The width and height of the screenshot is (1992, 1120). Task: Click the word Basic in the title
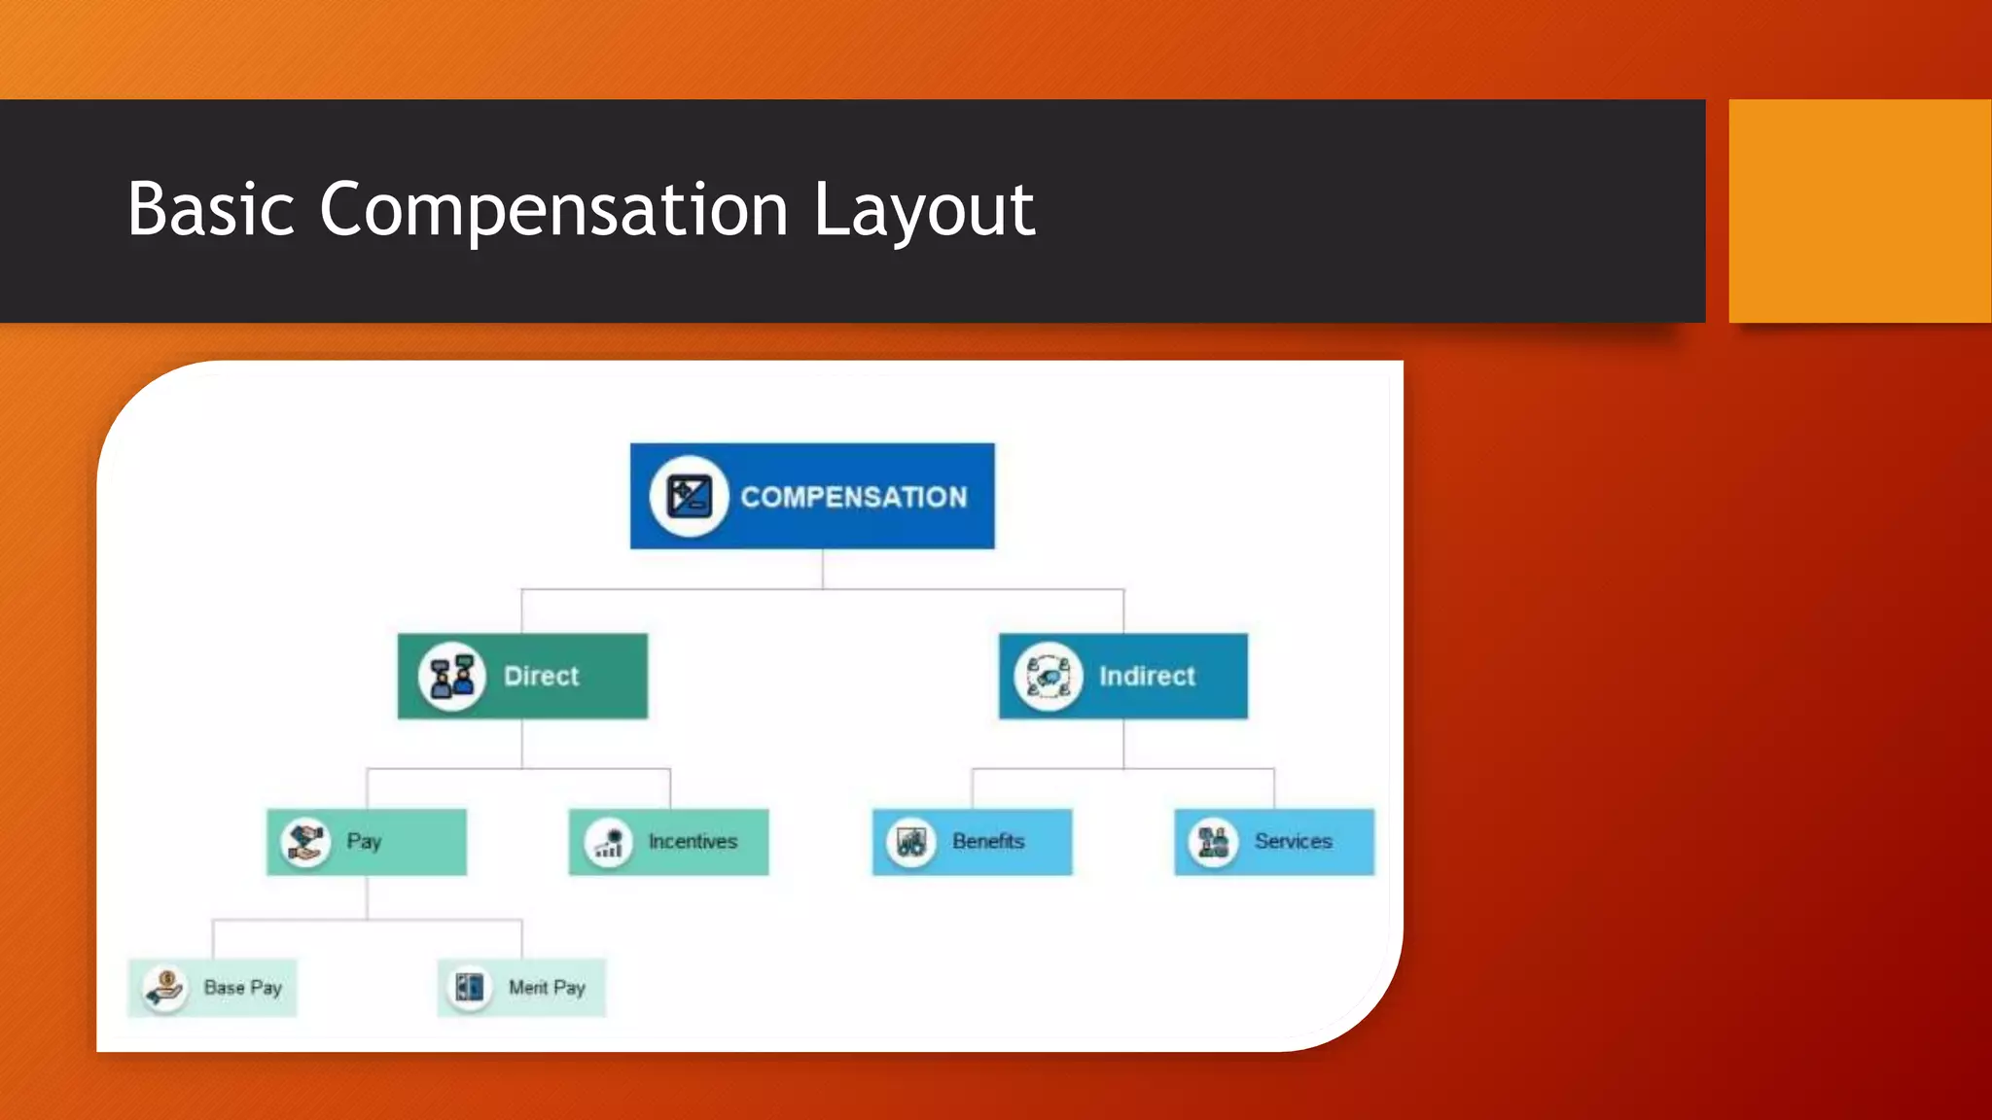(210, 210)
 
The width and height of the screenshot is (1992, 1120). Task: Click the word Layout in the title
(923, 210)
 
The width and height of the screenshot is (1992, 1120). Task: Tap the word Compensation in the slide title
(553, 210)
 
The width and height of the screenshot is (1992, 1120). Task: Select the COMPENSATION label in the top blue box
(853, 497)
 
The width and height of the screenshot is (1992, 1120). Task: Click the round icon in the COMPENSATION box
(689, 497)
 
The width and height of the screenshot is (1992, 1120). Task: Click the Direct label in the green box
(541, 676)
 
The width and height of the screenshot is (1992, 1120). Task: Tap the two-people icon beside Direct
(452, 676)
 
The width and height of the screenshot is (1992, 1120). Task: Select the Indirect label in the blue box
(1147, 676)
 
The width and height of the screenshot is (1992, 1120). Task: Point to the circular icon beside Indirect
(1048, 676)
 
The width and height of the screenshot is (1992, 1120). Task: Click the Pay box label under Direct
(364, 841)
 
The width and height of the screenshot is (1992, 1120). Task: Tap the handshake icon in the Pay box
(305, 841)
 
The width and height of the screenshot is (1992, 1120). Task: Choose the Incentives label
(693, 841)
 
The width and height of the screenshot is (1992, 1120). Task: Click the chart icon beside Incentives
(609, 842)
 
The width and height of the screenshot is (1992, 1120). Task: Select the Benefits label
(988, 841)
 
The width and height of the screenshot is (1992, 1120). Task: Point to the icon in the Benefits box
(911, 842)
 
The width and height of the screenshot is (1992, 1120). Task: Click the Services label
(1293, 841)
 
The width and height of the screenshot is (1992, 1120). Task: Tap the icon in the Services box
(1213, 842)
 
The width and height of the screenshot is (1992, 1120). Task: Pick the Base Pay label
(242, 988)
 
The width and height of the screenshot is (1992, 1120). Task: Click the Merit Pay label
(547, 988)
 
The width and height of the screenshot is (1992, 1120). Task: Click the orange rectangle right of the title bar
(1859, 210)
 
